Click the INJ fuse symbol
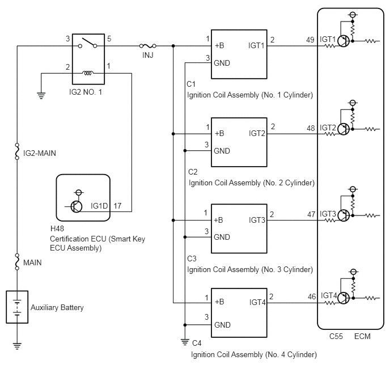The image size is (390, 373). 147,46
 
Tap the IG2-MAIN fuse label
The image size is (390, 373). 40,153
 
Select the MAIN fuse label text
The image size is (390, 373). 32,262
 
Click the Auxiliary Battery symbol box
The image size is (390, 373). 17,307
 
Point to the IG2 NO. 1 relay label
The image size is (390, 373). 86,92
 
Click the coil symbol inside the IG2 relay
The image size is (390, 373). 88,73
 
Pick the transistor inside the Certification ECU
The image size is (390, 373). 76,206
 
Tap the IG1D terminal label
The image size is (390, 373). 99,206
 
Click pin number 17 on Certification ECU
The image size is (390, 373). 117,206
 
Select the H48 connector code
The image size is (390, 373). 57,228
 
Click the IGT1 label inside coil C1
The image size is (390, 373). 256,45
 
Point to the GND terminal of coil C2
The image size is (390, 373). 222,151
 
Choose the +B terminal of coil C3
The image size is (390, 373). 218,220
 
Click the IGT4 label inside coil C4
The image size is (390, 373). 257,302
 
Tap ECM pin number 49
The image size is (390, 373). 310,40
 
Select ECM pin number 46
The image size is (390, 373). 312,296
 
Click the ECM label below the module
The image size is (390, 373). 362,337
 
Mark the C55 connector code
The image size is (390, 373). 336,337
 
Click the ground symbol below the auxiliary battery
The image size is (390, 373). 17,346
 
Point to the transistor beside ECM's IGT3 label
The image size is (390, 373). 344,215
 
